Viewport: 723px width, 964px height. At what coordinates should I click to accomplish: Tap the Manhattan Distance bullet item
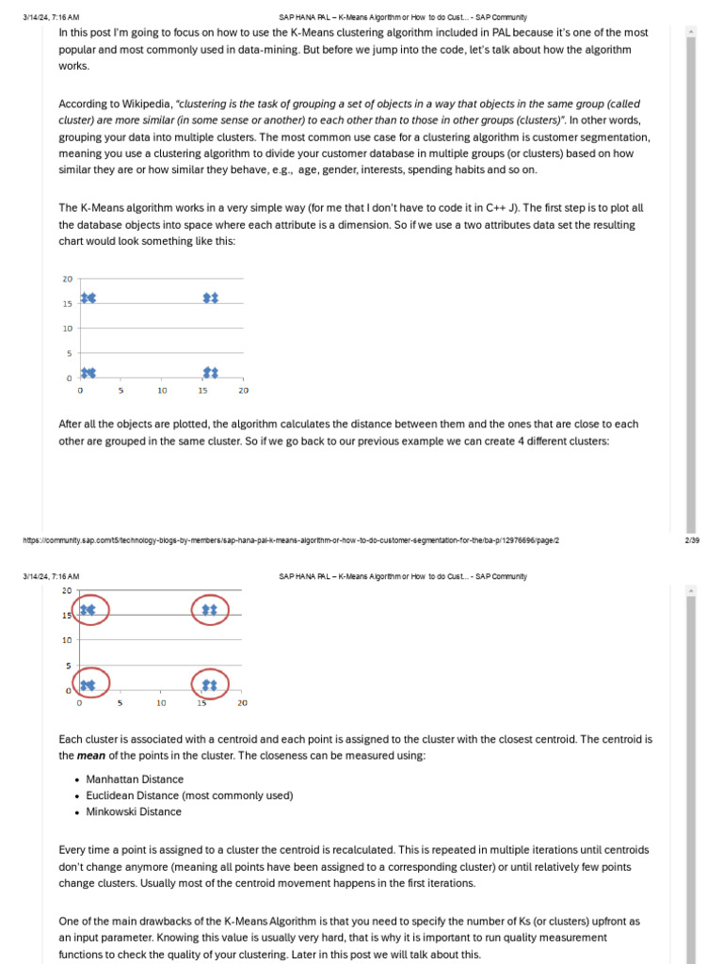[x=135, y=779]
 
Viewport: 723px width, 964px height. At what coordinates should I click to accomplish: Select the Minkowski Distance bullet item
[x=134, y=811]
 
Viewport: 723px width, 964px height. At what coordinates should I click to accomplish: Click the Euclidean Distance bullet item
[x=189, y=795]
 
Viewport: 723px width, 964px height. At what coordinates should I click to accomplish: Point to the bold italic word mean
[x=90, y=755]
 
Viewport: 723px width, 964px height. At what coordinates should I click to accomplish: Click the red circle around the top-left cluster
[x=89, y=611]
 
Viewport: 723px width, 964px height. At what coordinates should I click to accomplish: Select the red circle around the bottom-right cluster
[x=210, y=684]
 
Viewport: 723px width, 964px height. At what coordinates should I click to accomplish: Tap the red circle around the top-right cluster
[x=210, y=611]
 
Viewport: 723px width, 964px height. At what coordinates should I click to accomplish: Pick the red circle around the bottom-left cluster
[x=89, y=684]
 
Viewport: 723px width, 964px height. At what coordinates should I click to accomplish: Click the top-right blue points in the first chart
[x=211, y=297]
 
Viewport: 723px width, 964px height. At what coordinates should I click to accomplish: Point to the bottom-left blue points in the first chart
[x=88, y=373]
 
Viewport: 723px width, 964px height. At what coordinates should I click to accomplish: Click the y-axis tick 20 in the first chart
[x=68, y=279]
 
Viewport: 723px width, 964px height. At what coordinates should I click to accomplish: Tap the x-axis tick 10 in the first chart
[x=162, y=391]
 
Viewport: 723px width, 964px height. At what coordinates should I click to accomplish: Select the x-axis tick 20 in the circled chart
[x=242, y=702]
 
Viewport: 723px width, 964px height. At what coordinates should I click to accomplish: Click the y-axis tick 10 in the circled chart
[x=67, y=640]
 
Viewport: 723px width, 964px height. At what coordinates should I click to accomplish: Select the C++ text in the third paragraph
[x=486, y=208]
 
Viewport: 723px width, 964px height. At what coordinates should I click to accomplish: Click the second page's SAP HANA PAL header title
[x=403, y=576]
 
